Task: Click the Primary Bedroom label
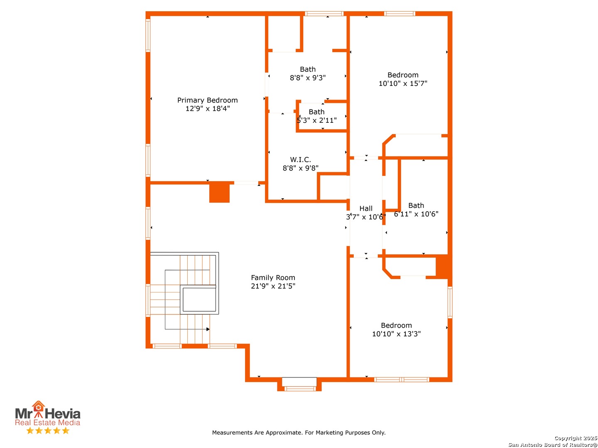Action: coord(207,100)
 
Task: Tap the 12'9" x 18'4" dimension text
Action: coord(207,109)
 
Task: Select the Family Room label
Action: coord(273,278)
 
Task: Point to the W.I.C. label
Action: coord(300,159)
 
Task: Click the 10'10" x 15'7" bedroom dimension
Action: coord(403,83)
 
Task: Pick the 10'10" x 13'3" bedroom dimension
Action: coord(396,334)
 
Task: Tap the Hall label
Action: coord(365,208)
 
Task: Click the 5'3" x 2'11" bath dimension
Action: coord(316,120)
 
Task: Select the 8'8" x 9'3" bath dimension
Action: coord(308,78)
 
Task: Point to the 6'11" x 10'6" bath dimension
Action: coord(416,214)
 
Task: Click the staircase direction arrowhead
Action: coord(208,329)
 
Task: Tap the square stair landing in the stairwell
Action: coord(199,299)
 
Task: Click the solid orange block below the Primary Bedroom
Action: coord(219,193)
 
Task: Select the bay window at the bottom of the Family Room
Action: coord(299,384)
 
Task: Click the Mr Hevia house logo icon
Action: coord(39,409)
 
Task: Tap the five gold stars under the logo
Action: coord(48,430)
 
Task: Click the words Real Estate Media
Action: coord(47,422)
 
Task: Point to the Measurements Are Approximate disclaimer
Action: coord(299,433)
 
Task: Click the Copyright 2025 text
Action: coord(576,438)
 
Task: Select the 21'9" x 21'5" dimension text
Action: coord(273,286)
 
